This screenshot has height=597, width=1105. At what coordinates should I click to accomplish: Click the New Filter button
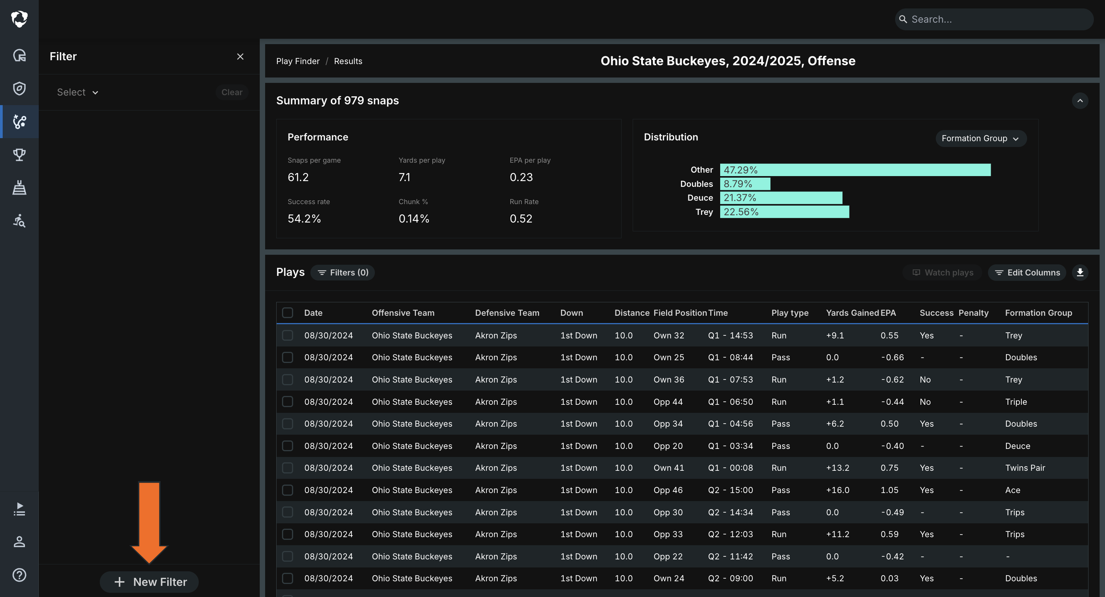(x=149, y=582)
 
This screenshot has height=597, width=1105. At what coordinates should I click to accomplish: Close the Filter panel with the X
(x=240, y=57)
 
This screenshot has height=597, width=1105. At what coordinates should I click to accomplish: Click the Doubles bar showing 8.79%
(x=745, y=184)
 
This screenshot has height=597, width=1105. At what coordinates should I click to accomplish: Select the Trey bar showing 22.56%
(x=785, y=212)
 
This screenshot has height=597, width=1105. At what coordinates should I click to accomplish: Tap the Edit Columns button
(x=1027, y=272)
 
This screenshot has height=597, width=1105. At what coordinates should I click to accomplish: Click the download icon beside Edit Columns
(x=1080, y=272)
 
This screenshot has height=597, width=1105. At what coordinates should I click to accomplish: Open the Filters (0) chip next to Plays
(x=343, y=272)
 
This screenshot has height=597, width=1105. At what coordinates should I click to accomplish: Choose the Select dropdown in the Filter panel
(x=78, y=92)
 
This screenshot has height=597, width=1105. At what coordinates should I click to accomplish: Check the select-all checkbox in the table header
(x=287, y=313)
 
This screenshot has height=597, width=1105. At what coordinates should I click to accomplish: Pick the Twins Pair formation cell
(x=1025, y=468)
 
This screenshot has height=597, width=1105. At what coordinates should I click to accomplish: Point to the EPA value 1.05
(x=890, y=490)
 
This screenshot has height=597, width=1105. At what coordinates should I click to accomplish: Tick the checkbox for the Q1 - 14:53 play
(x=287, y=335)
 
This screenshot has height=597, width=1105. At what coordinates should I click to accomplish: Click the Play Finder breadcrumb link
(x=298, y=61)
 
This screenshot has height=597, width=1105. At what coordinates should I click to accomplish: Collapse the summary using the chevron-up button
(x=1080, y=101)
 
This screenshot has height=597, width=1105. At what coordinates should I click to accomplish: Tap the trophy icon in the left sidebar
(x=19, y=154)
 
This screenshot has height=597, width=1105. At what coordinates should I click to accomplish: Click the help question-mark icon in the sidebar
(x=19, y=575)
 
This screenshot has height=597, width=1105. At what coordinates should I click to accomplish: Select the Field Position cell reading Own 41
(x=669, y=468)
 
